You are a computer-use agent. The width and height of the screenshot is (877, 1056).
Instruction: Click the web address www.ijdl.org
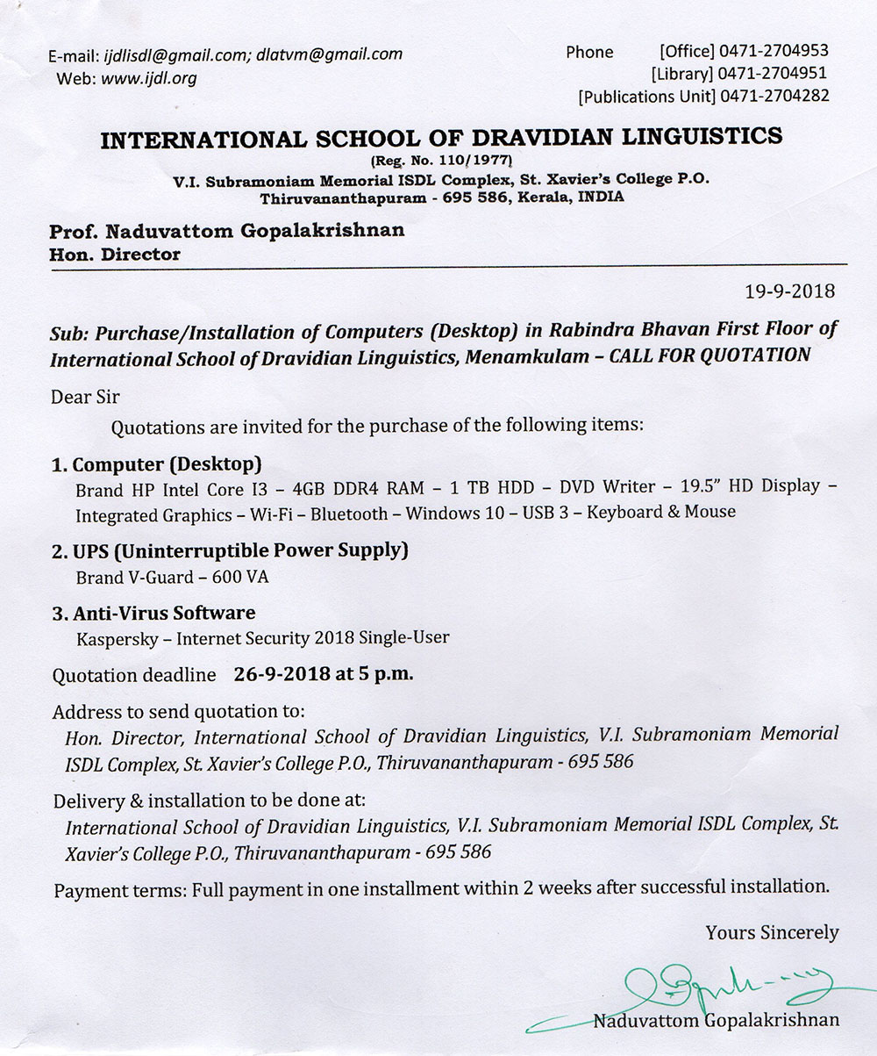click(x=148, y=79)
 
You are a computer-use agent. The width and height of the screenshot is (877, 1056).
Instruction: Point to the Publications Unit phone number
click(x=775, y=97)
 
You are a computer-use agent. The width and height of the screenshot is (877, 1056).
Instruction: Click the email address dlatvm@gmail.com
click(x=330, y=54)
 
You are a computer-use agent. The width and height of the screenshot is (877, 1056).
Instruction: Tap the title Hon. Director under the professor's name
click(x=115, y=255)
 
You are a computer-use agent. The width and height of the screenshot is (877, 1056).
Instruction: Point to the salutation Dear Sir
click(x=86, y=397)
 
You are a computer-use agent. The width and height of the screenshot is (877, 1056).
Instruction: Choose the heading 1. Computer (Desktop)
click(x=157, y=464)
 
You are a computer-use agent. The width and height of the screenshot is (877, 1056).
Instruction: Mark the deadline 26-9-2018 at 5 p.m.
click(x=324, y=675)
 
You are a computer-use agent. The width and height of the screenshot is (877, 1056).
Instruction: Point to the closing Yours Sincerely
click(x=772, y=933)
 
